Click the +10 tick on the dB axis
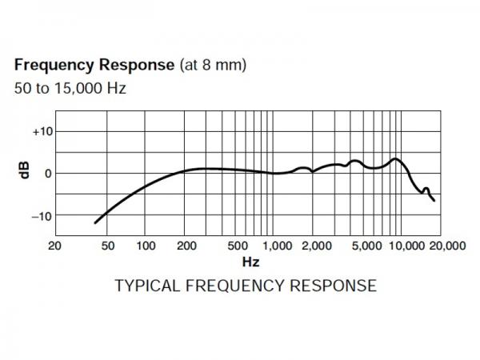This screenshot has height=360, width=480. pyautogui.click(x=40, y=131)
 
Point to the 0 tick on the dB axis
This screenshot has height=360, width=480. pyautogui.click(x=48, y=173)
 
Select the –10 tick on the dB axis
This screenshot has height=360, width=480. pyautogui.click(x=40, y=216)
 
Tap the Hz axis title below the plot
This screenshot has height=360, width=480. pyautogui.click(x=250, y=262)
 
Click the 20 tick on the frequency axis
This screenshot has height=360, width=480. pyautogui.click(x=54, y=246)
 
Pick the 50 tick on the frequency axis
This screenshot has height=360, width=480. pyautogui.click(x=108, y=246)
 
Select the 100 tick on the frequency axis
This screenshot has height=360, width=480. pyautogui.click(x=146, y=246)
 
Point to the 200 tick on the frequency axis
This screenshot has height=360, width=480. pyautogui.click(x=186, y=246)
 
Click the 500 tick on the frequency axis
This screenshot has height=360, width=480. pyautogui.click(x=237, y=246)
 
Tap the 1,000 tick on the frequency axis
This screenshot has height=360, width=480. pyautogui.click(x=278, y=246)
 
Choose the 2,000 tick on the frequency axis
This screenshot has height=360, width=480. pyautogui.click(x=318, y=246)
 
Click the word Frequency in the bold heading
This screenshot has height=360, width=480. pyautogui.click(x=52, y=65)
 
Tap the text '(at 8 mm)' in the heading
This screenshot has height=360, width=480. pyautogui.click(x=212, y=65)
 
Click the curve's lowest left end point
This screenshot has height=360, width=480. pyautogui.click(x=95, y=223)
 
